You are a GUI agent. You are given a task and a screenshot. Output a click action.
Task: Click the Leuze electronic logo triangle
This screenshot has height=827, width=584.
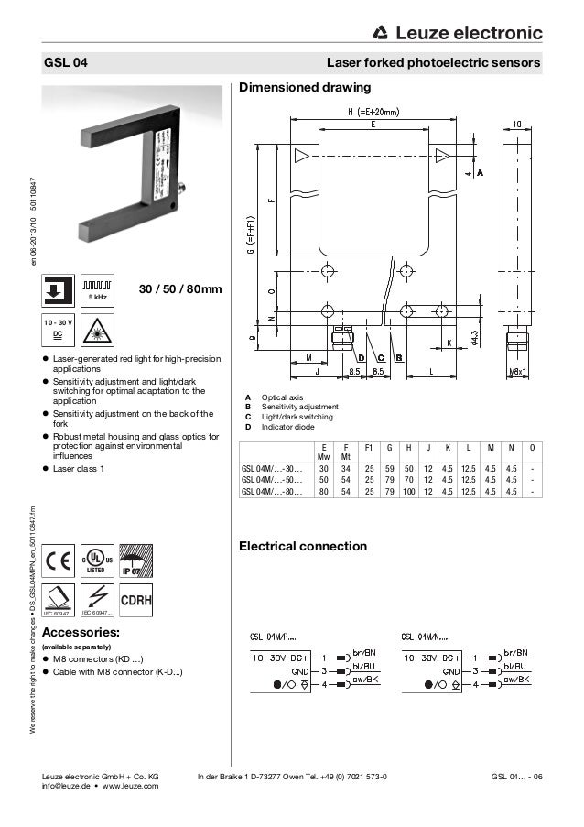pyautogui.click(x=380, y=35)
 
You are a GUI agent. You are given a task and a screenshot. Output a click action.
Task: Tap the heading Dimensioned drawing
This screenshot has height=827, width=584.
pyautogui.click(x=304, y=89)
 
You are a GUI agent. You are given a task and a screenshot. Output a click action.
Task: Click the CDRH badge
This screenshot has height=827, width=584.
pyautogui.click(x=135, y=600)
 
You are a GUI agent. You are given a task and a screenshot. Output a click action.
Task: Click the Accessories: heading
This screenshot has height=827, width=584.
pyautogui.click(x=81, y=632)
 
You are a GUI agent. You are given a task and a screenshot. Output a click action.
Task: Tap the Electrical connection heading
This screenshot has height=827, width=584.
pyautogui.click(x=303, y=547)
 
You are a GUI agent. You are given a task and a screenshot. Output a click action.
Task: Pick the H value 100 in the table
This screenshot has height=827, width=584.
pyautogui.click(x=409, y=491)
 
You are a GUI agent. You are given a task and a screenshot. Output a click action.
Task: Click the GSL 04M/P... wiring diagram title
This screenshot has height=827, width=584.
pyautogui.click(x=279, y=637)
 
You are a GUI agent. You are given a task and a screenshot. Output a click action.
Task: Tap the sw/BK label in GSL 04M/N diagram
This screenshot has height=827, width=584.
pyautogui.click(x=517, y=680)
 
